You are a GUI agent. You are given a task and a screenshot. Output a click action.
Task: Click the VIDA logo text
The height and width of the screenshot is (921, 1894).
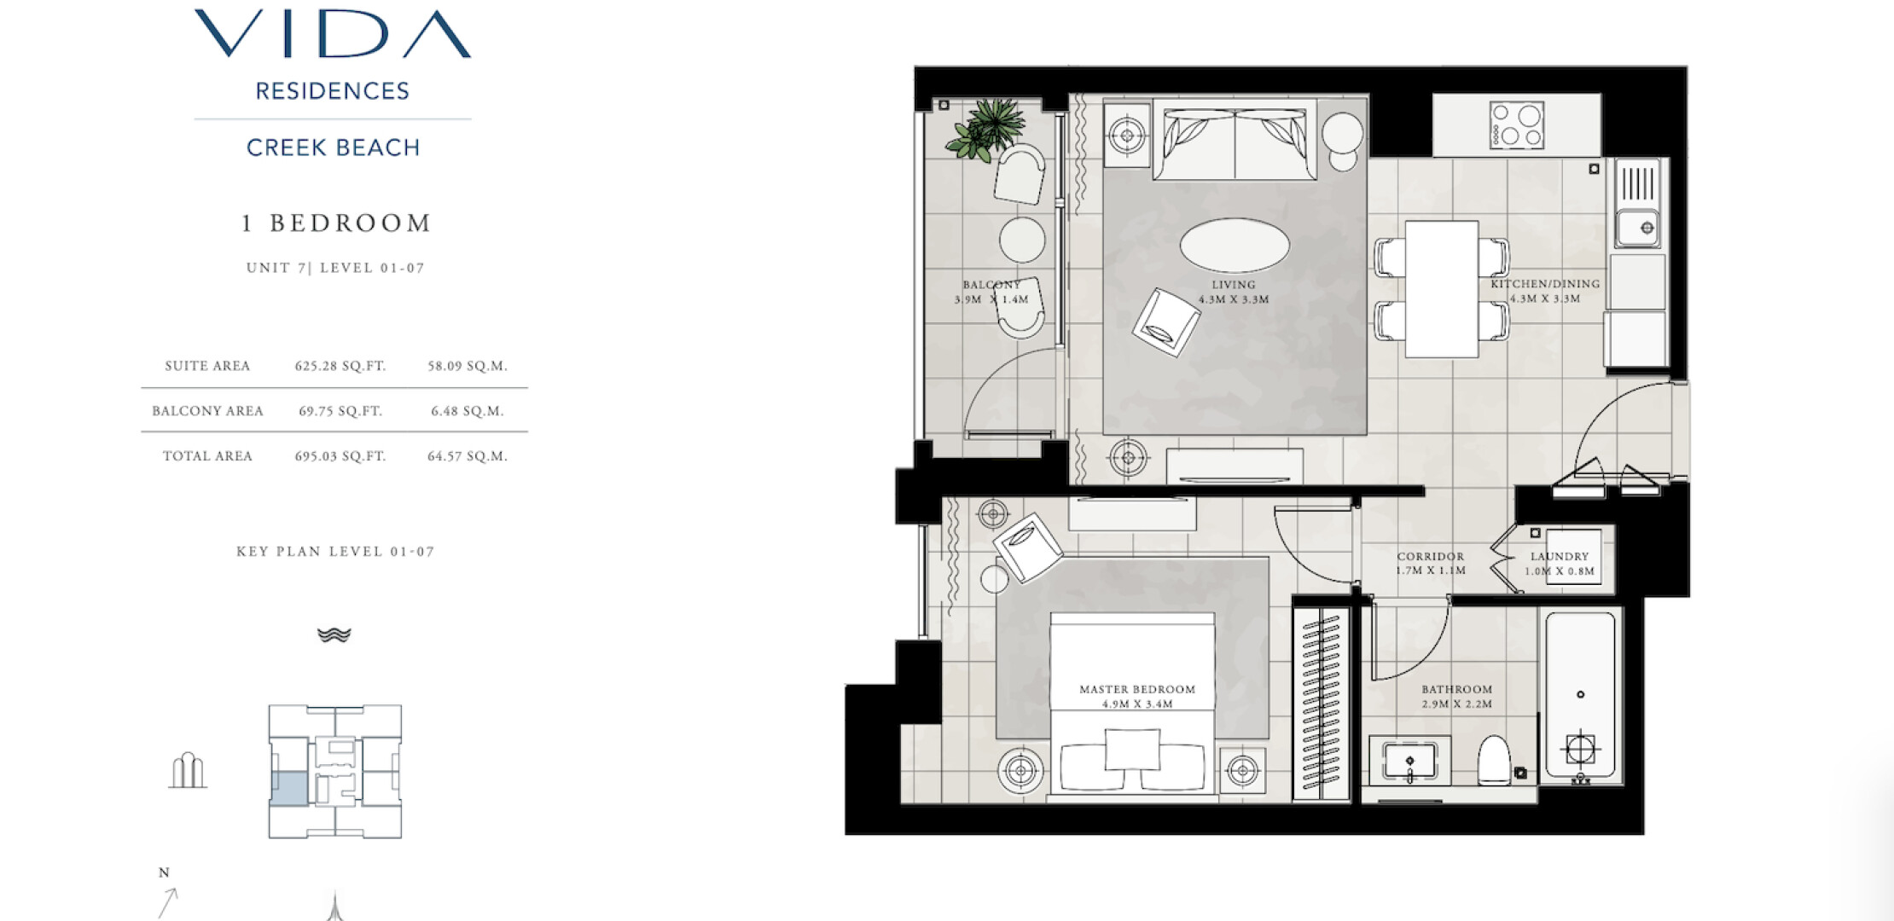click(333, 34)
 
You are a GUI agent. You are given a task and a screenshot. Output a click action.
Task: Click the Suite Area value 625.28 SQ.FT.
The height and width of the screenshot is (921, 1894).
click(340, 366)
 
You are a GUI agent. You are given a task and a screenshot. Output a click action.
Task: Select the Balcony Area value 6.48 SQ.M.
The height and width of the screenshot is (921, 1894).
click(468, 411)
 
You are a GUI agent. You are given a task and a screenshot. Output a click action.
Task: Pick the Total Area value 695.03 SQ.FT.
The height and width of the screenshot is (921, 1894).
click(340, 456)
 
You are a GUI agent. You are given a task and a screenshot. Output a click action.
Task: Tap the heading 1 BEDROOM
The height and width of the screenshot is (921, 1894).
click(336, 223)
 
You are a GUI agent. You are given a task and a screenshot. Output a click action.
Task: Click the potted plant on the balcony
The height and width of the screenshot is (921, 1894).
click(987, 128)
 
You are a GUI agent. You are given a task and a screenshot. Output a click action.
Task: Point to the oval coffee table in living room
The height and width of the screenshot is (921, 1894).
click(1234, 246)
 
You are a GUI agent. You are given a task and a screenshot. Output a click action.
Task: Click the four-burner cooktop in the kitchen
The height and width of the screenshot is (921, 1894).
click(1516, 125)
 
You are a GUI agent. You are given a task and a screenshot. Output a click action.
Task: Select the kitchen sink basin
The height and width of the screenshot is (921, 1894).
click(1637, 228)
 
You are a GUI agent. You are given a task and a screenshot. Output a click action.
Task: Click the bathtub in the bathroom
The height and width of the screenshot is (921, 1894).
click(1580, 695)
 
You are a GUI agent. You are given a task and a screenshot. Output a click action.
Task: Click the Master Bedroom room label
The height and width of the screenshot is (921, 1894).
click(1137, 697)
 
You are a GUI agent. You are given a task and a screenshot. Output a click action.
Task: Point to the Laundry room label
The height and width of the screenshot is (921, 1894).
click(1560, 564)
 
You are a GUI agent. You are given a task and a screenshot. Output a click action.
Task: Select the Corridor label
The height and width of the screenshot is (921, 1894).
click(1431, 564)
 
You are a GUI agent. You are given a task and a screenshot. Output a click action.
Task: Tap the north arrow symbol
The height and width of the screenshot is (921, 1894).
click(168, 902)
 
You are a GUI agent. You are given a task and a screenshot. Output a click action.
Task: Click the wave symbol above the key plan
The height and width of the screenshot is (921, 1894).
click(334, 634)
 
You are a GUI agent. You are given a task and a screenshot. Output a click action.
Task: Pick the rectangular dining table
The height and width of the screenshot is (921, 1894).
click(1442, 289)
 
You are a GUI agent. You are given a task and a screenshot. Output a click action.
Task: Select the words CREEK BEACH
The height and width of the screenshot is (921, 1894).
click(334, 148)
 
